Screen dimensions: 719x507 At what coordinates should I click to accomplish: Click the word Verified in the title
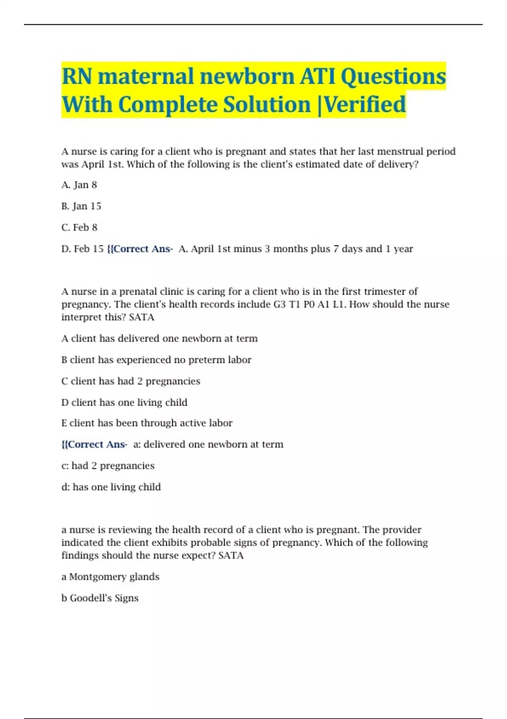click(365, 104)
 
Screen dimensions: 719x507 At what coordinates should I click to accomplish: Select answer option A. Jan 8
click(79, 185)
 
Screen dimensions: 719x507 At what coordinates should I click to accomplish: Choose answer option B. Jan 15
click(81, 206)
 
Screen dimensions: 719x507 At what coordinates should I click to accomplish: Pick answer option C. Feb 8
click(79, 228)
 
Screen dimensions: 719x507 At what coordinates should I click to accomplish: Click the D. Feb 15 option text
click(82, 249)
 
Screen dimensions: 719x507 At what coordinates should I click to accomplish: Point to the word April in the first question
click(93, 164)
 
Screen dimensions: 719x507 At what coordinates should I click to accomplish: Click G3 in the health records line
click(280, 304)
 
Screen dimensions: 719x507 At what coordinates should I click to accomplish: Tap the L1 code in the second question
click(339, 304)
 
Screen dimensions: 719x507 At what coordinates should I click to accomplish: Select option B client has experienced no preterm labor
click(156, 359)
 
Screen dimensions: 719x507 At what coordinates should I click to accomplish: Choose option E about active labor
click(147, 423)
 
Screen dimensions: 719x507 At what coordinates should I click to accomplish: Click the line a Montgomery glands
click(110, 576)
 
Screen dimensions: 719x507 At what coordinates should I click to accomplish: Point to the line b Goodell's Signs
click(100, 598)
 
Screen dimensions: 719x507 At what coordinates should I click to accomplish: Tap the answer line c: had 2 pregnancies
click(108, 466)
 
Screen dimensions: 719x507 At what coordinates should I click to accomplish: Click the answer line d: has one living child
click(111, 487)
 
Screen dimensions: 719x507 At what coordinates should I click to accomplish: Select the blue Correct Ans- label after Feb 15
click(140, 249)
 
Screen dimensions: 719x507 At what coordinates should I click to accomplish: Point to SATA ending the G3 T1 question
click(142, 317)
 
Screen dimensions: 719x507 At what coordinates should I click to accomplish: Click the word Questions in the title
click(393, 77)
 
